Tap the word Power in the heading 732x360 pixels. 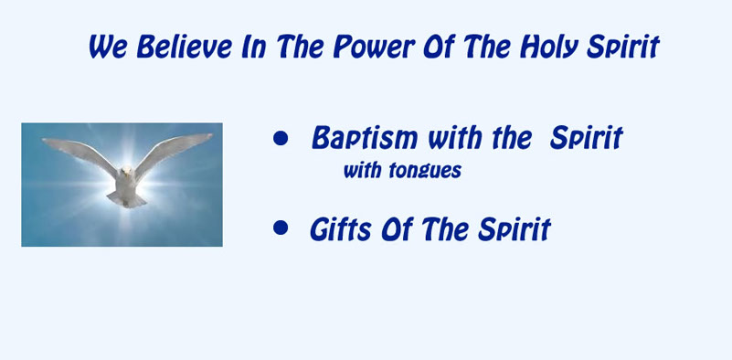pyautogui.click(x=374, y=48)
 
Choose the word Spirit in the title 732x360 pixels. pyautogui.click(x=622, y=48)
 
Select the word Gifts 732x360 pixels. pyautogui.click(x=341, y=228)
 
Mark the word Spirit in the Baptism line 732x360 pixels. pyautogui.click(x=587, y=139)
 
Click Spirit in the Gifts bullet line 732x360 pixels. pyautogui.click(x=515, y=229)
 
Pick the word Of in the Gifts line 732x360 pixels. pyautogui.click(x=398, y=228)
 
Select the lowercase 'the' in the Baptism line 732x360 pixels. pyautogui.click(x=512, y=138)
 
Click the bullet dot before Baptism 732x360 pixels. pyautogui.click(x=281, y=138)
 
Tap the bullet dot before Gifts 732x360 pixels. pyautogui.click(x=281, y=228)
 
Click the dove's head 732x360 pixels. pyautogui.click(x=126, y=171)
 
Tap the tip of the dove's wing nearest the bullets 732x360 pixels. pyautogui.click(x=211, y=135)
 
